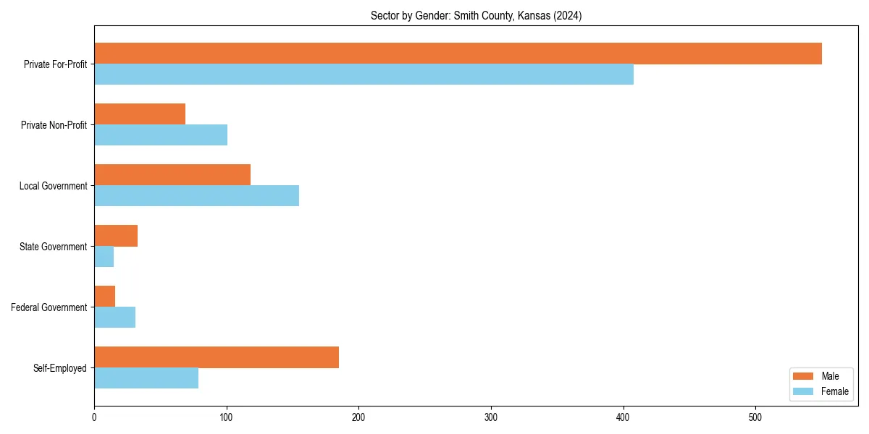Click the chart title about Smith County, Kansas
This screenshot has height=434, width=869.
476,15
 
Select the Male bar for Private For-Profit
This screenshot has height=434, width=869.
458,54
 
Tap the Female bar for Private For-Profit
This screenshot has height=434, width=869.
364,75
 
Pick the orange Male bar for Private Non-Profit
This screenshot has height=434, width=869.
140,114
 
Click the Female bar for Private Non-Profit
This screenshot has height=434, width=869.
161,135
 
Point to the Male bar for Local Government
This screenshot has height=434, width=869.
172,175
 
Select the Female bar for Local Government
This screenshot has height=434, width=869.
196,196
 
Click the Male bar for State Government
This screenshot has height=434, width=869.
116,236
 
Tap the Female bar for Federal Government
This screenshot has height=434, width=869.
114,318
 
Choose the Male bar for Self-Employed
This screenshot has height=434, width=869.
217,357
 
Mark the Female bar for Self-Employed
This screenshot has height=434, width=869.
146,378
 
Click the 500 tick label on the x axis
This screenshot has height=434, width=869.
755,417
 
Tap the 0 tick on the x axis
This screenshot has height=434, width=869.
94,417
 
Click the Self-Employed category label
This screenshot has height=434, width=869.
60,368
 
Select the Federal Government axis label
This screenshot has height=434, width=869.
49,307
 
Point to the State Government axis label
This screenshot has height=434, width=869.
54,247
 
